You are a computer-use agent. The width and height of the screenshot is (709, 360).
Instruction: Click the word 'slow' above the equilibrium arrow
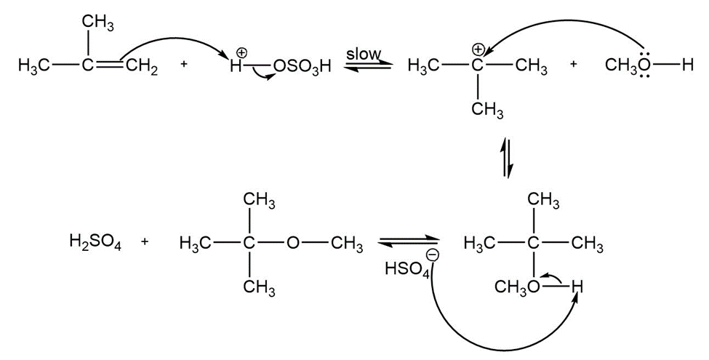(x=364, y=54)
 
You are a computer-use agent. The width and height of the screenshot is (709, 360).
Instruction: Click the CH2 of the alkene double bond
(x=142, y=67)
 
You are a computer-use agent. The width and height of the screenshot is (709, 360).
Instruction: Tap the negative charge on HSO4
(x=433, y=256)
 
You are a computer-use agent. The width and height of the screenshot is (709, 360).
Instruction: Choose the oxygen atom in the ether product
(x=293, y=244)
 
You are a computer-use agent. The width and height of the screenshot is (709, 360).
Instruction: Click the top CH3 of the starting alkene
(x=97, y=24)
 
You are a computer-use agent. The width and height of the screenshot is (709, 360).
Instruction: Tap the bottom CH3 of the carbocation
(x=487, y=110)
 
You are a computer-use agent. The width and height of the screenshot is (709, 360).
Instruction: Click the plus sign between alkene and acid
(x=183, y=64)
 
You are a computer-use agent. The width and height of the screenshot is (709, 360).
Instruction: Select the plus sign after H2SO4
(x=144, y=241)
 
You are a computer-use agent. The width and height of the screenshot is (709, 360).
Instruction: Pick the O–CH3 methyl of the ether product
(x=347, y=244)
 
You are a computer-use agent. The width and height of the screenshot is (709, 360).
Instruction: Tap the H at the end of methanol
(x=688, y=65)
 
